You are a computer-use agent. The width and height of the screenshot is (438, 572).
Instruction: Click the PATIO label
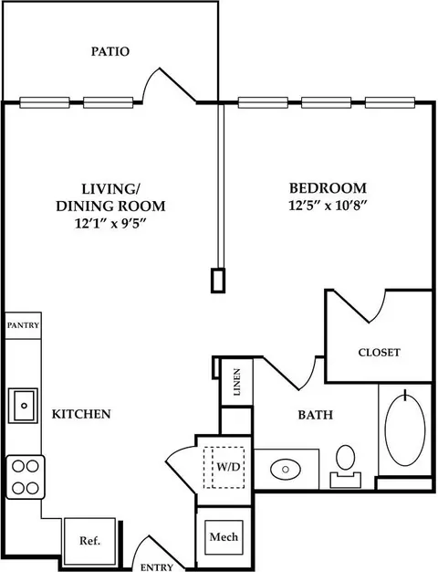click(x=110, y=51)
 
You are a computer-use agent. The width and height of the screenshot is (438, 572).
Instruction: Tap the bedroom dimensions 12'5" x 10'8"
click(x=327, y=206)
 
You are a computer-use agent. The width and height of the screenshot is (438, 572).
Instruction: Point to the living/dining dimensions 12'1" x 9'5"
click(x=110, y=223)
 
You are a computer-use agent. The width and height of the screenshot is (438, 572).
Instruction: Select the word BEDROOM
click(x=328, y=188)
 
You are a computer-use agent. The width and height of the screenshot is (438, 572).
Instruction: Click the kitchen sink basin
click(x=24, y=406)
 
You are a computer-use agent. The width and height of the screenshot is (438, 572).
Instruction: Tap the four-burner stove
click(x=26, y=477)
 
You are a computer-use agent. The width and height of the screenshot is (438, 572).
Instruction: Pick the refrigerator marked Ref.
click(x=90, y=539)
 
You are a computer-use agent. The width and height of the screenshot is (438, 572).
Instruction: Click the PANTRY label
click(x=23, y=325)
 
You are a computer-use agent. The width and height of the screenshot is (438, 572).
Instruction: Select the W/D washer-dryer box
click(x=224, y=467)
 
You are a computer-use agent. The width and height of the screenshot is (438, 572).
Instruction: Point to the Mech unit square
click(x=224, y=537)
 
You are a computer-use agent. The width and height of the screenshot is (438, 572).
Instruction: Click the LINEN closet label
click(x=237, y=382)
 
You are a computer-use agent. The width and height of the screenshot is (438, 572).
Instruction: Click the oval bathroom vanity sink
click(x=286, y=469)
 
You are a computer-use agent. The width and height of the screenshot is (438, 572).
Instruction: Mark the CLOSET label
click(x=379, y=353)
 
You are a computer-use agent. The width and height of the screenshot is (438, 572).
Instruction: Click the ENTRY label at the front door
click(x=157, y=567)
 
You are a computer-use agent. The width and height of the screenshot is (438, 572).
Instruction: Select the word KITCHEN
click(x=81, y=414)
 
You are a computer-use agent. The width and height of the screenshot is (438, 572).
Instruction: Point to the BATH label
click(x=315, y=415)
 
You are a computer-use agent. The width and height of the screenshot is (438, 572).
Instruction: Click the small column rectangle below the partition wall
click(x=217, y=281)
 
